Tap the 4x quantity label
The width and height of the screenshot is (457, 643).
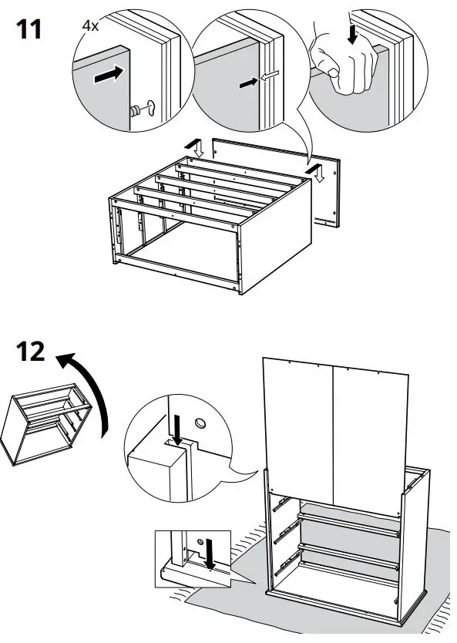click(90, 25)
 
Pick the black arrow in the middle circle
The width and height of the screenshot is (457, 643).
click(248, 82)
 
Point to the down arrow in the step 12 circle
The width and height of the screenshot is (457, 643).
click(176, 428)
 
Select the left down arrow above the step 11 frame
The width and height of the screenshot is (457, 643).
click(197, 146)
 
